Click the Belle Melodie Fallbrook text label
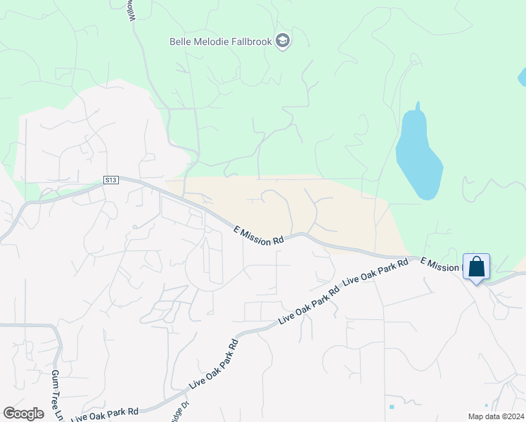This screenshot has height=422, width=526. (x=221, y=41)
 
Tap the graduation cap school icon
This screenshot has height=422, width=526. (x=283, y=41)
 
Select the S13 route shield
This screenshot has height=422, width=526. (x=110, y=180)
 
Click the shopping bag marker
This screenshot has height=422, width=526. (x=476, y=267)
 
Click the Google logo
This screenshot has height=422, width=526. (x=24, y=414)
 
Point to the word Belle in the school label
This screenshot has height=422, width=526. (x=181, y=41)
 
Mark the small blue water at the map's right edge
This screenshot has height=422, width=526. (x=522, y=76)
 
